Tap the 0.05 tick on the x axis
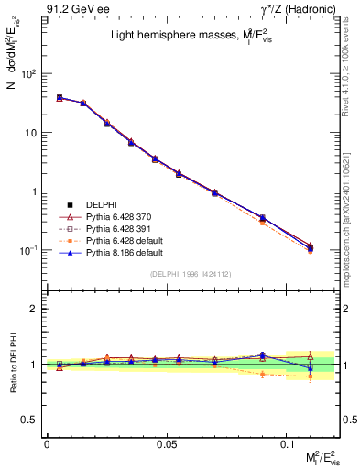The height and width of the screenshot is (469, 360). [x=167, y=443]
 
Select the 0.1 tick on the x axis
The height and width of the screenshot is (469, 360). [x=288, y=443]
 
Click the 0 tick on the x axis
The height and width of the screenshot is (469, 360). [x=47, y=443]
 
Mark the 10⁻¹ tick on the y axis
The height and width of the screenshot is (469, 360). [x=29, y=250]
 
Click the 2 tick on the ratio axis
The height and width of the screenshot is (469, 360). [x=36, y=309]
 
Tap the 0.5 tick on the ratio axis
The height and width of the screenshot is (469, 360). [x=29, y=420]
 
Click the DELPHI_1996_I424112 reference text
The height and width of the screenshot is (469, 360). [x=191, y=273]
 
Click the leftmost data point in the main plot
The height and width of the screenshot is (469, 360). [x=60, y=97]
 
